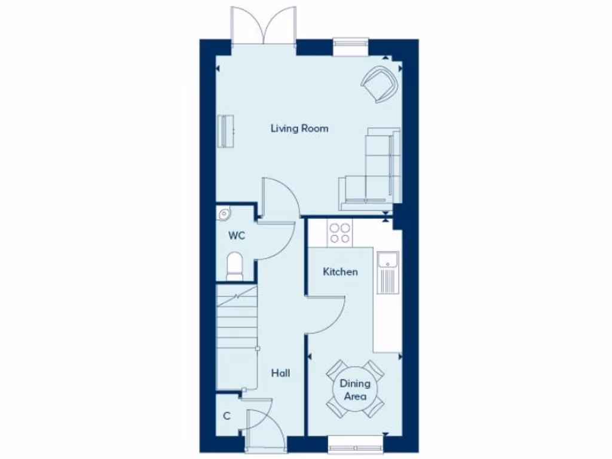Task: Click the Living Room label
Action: coord(299,128)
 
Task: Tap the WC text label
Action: coord(237,235)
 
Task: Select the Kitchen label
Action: coord(340,272)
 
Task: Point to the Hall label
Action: coord(280,373)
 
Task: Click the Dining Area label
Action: coord(354,390)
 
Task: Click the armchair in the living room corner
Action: coord(380,84)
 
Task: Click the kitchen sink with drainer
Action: coord(387,273)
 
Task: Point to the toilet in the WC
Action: coord(235,266)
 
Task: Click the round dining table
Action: coord(354,390)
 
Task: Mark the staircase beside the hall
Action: coord(236,323)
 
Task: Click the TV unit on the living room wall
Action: coord(226,131)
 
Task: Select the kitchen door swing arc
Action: coord(328,314)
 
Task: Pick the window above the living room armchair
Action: coord(351,44)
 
